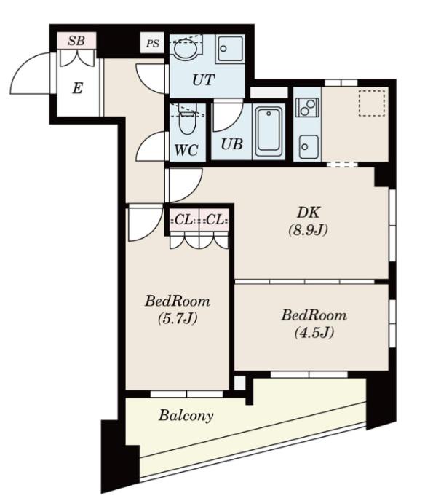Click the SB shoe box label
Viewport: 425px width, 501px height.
point(76,41)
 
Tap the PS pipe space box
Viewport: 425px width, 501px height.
point(152,42)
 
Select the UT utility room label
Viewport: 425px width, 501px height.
point(203,79)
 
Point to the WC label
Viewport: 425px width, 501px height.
point(186,149)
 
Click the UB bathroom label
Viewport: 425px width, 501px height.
point(232,144)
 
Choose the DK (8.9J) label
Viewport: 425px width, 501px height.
point(308,221)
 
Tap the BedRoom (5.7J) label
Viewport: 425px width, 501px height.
point(178,309)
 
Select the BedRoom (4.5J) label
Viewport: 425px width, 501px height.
point(314,323)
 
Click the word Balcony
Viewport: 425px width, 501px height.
point(186,416)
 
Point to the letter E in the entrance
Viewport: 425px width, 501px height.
point(78,88)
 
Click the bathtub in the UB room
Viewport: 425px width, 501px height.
point(269,133)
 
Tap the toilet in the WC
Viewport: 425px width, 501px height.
point(187,120)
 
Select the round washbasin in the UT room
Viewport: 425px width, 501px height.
point(185,49)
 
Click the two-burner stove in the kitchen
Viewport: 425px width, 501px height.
point(308,107)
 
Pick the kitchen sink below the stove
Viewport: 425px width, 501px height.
point(308,146)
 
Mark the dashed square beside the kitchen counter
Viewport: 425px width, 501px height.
point(371,103)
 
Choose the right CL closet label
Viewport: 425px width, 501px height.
point(215,220)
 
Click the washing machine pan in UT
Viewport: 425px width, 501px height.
point(230,50)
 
